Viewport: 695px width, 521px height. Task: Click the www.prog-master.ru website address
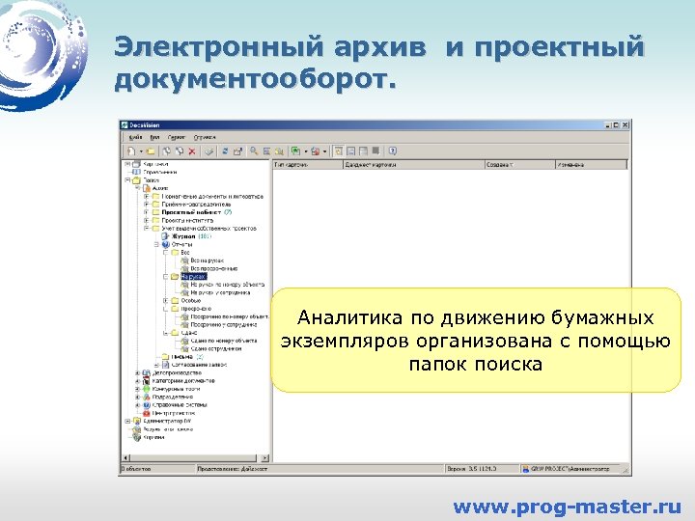pyautogui.click(x=567, y=506)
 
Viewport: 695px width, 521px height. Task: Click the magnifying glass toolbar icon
pyautogui.click(x=253, y=151)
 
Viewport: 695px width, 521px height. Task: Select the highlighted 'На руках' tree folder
pyautogui.click(x=193, y=276)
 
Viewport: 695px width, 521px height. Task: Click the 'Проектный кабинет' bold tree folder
pyautogui.click(x=189, y=212)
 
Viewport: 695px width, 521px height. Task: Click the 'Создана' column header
pyautogui.click(x=500, y=165)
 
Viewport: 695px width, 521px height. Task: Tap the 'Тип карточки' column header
pyautogui.click(x=293, y=165)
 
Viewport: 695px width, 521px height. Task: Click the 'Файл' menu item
pyautogui.click(x=135, y=137)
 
